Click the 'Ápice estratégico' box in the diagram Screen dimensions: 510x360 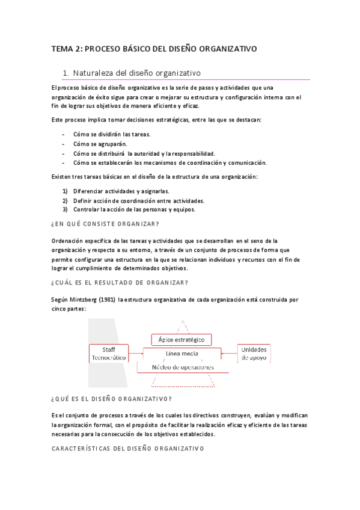(x=182, y=340)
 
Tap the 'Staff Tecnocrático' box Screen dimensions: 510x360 (x=109, y=353)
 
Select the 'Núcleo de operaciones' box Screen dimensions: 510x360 (x=182, y=367)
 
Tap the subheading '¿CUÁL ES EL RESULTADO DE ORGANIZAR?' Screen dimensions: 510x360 (x=120, y=282)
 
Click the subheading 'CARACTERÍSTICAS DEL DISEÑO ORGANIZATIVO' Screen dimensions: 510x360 (x=127, y=448)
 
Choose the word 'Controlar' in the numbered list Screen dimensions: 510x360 (x=87, y=210)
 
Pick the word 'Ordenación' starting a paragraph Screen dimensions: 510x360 (x=67, y=241)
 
